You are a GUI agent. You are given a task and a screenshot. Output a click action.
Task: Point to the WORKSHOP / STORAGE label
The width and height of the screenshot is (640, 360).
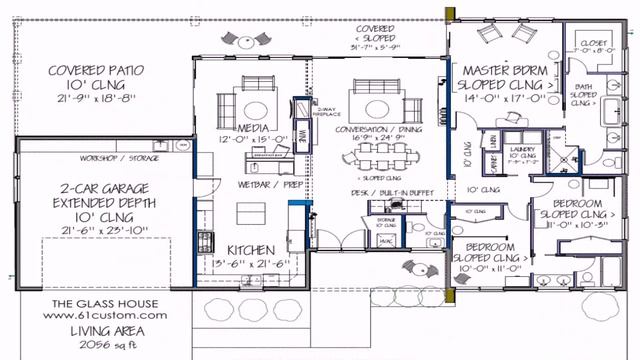pyautogui.click(x=117, y=158)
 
